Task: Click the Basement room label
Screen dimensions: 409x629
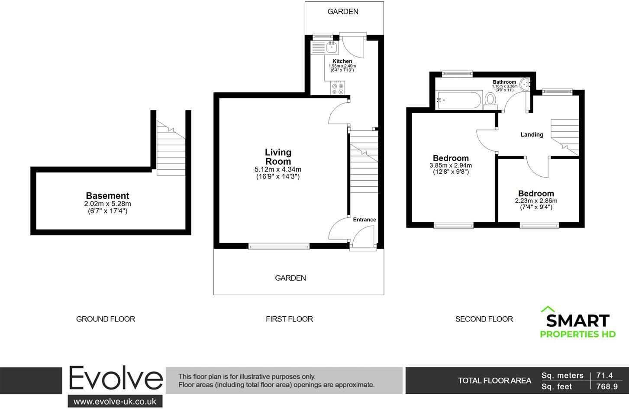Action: tap(107, 196)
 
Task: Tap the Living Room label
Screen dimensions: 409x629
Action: tap(278, 157)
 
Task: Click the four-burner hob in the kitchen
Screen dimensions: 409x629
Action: tap(338, 89)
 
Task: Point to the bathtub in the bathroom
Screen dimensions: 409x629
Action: tap(459, 100)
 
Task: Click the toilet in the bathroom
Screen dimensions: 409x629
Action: tap(490, 99)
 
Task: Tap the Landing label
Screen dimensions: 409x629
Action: tap(532, 135)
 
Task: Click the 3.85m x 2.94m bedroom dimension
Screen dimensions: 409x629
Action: tap(451, 166)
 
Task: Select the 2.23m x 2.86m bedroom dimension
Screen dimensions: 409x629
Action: tap(536, 201)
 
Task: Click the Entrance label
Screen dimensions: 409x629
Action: tap(364, 220)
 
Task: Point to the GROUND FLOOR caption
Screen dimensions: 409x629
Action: tap(106, 319)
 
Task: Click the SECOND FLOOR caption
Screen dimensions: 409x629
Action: tap(484, 319)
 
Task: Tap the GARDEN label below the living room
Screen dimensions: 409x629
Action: tap(290, 278)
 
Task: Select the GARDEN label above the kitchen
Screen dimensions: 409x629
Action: tap(343, 12)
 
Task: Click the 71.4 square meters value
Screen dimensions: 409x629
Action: tap(605, 376)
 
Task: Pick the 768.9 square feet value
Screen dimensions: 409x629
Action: tap(607, 386)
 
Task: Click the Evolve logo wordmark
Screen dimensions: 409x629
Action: tap(116, 379)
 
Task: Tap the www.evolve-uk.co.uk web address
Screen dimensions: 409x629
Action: tap(115, 402)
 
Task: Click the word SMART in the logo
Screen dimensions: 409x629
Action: tap(578, 321)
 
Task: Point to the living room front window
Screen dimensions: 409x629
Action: tap(279, 247)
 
